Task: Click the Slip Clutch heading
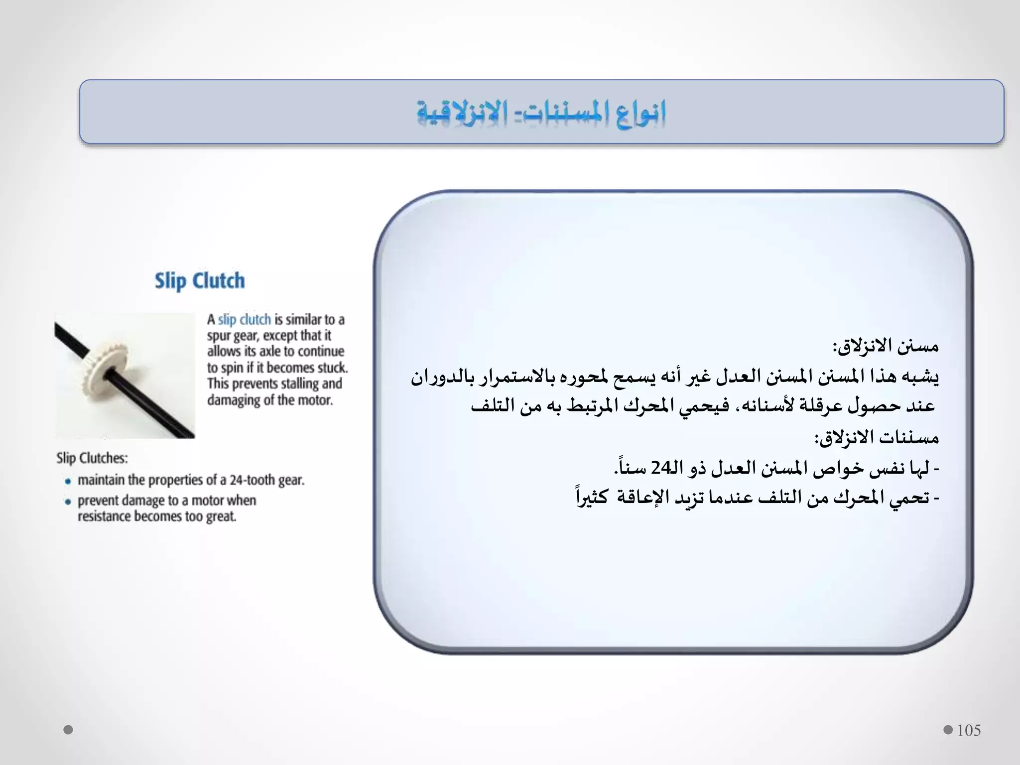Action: (x=200, y=281)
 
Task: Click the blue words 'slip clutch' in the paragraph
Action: (x=245, y=319)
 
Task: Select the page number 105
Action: (x=969, y=730)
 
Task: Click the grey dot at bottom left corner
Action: (x=69, y=730)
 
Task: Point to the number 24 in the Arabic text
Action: (x=662, y=468)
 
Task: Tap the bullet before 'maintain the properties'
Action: (x=68, y=481)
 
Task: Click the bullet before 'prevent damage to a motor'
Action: (x=68, y=502)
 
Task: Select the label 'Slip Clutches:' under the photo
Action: (x=92, y=458)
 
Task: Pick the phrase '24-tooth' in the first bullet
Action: (x=253, y=480)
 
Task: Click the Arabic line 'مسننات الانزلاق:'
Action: (x=877, y=438)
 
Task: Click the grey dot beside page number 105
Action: (x=948, y=730)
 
